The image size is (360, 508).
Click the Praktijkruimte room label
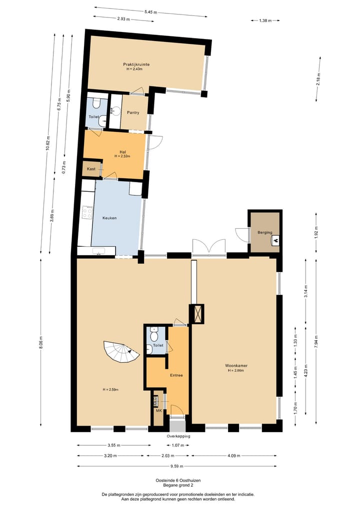pos(137,64)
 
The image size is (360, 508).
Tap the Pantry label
pos(133,112)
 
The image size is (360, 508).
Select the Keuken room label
pos(109,218)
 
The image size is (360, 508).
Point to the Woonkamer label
pos(236,365)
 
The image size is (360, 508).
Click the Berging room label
pos(264,233)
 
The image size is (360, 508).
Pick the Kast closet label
pos(91,169)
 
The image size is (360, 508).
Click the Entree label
pos(176,375)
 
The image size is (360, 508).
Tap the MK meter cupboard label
pos(158,411)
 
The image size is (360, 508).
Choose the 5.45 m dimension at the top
pos(150,12)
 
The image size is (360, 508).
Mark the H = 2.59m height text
pos(110,390)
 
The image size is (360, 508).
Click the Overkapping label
pos(178,436)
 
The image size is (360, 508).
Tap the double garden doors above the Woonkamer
pos(209,247)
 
